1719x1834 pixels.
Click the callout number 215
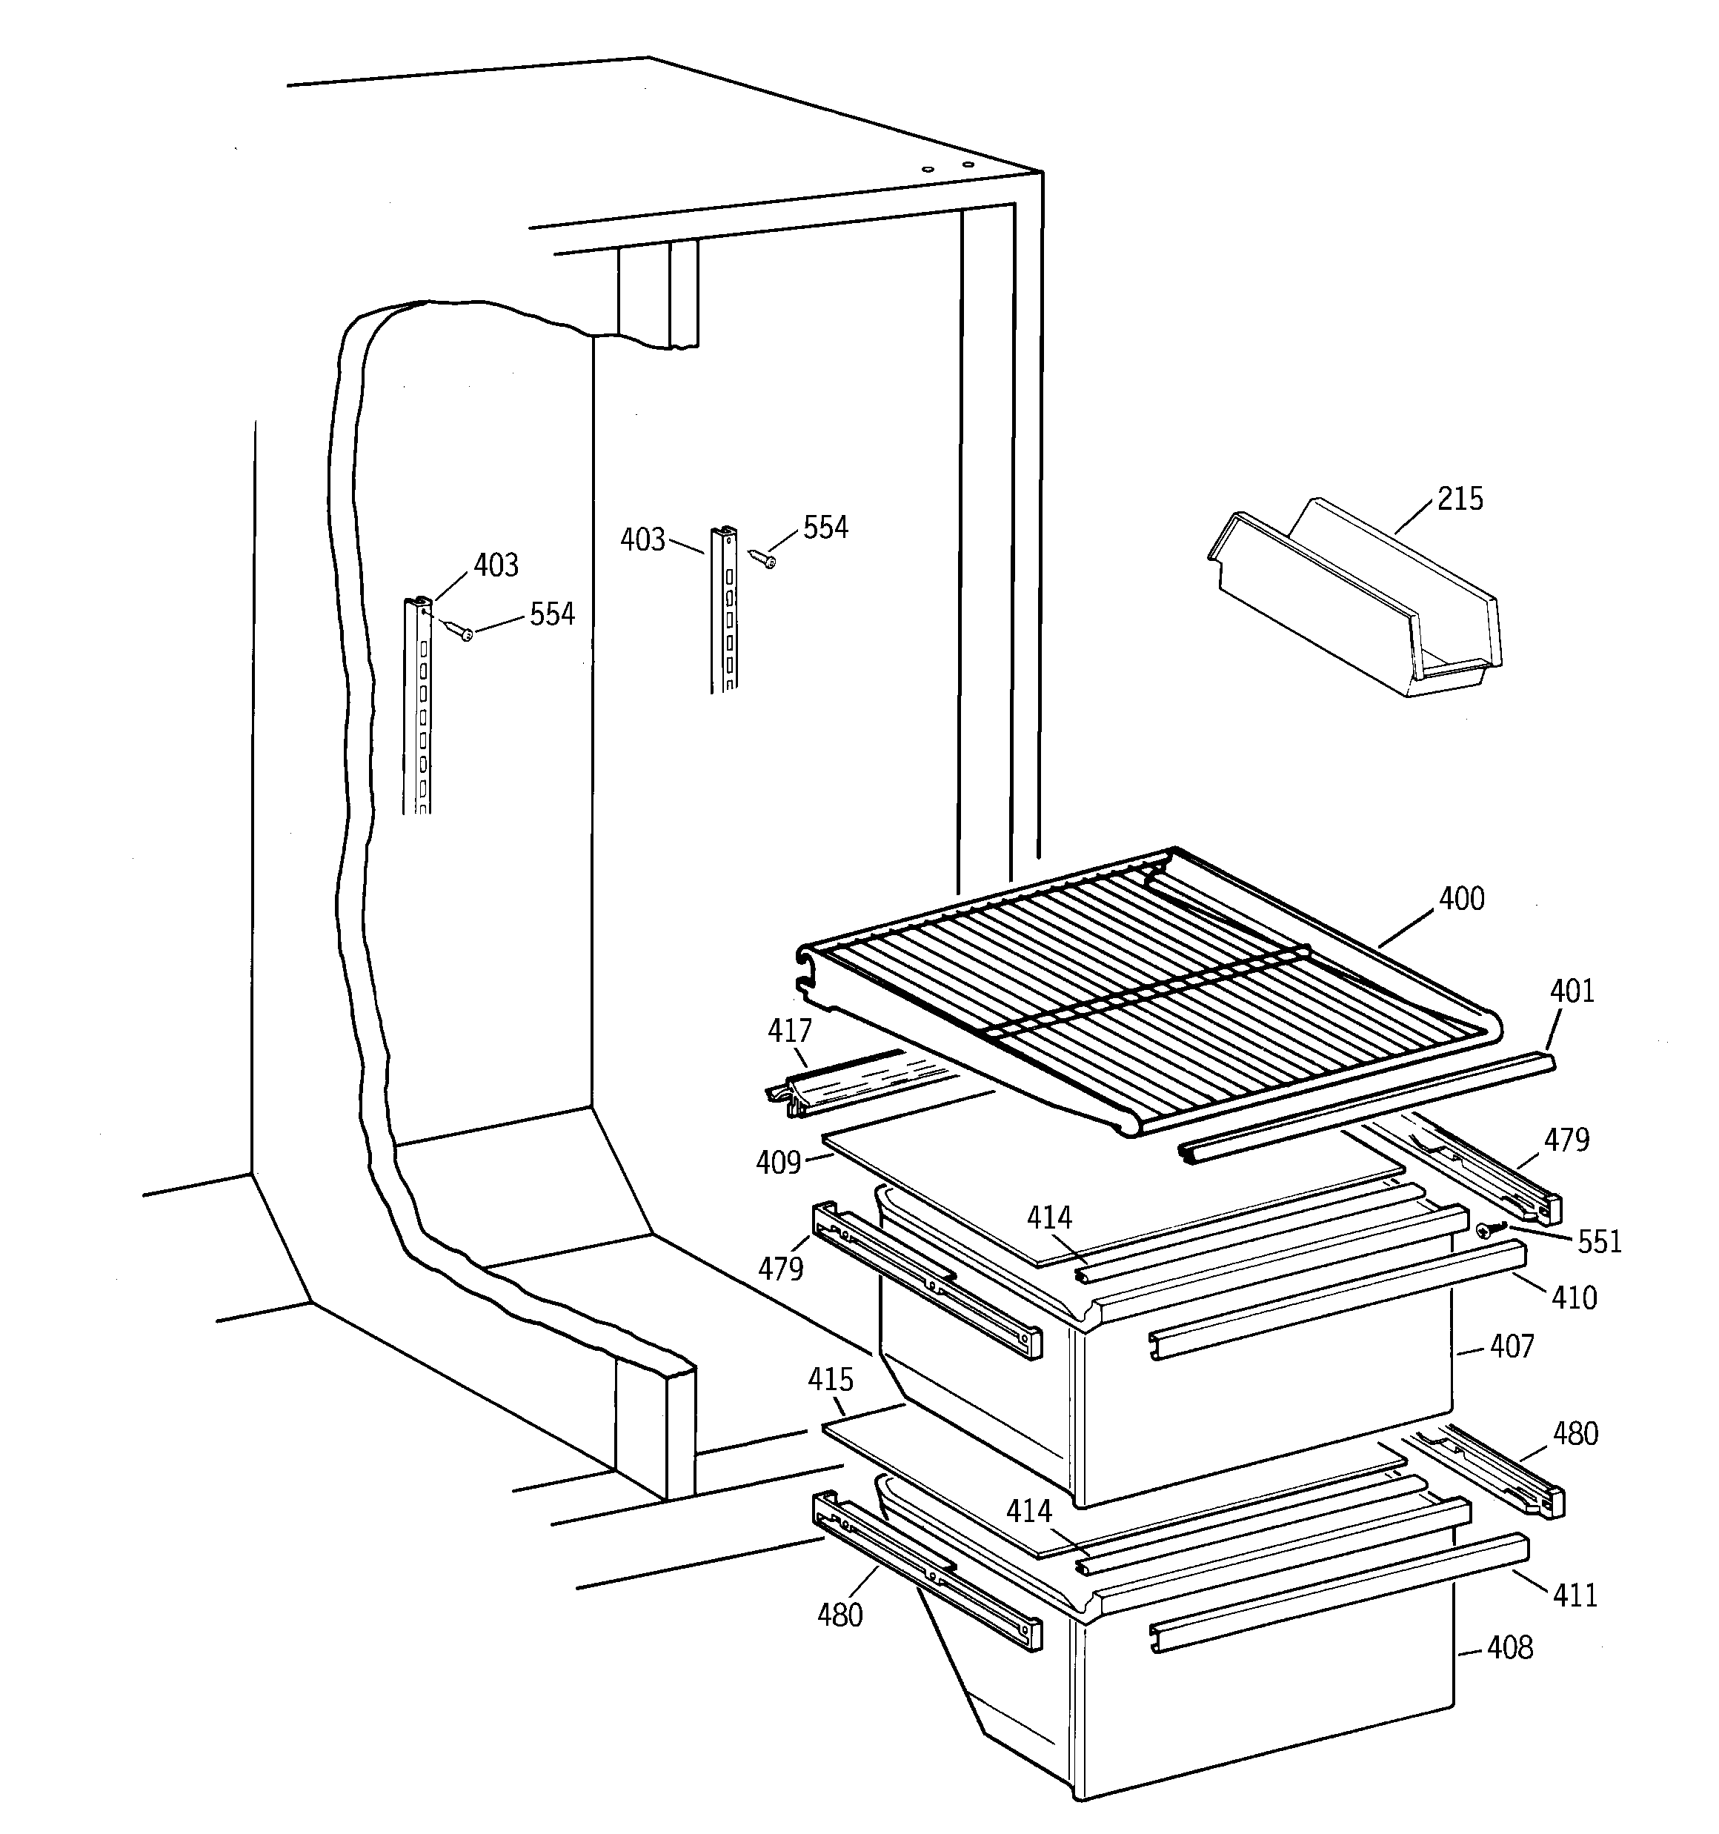(x=1460, y=499)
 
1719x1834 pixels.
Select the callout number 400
(x=1462, y=899)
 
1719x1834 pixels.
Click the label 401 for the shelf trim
(x=1572, y=991)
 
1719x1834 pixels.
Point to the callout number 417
(x=790, y=1031)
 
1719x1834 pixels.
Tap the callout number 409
(x=778, y=1163)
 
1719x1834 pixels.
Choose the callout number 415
(x=831, y=1380)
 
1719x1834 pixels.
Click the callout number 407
(x=1512, y=1347)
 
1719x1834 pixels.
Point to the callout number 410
(x=1574, y=1298)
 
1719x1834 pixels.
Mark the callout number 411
(x=1575, y=1595)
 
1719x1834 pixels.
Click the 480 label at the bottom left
(x=839, y=1615)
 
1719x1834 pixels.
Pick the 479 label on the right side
(x=1567, y=1140)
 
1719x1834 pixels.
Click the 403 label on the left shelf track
(x=496, y=565)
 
